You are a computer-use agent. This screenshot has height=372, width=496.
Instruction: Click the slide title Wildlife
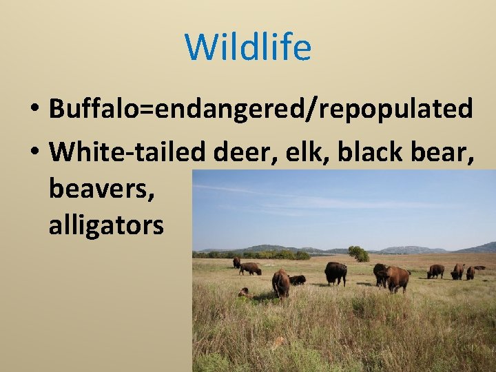coord(248,47)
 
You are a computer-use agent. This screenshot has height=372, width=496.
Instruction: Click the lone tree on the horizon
coord(358,254)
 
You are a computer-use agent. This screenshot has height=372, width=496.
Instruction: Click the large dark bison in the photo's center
coord(335,272)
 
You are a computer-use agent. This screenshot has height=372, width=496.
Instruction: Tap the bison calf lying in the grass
coord(244,293)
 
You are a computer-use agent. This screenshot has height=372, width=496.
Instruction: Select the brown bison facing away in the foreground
coord(280,282)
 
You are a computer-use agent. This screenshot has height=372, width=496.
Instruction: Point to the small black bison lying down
coord(298,280)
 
